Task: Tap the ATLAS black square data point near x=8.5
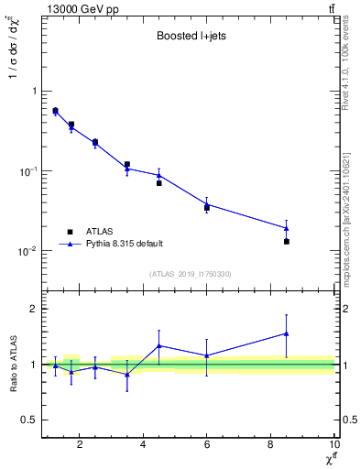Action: tap(287, 242)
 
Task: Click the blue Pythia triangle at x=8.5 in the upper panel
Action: tap(287, 228)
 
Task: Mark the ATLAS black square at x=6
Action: tap(207, 208)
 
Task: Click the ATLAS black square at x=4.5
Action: tap(159, 183)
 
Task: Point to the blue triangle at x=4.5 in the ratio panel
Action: tap(159, 345)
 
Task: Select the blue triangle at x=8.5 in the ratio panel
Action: tap(287, 333)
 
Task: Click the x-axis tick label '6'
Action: tap(207, 444)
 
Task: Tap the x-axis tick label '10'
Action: tap(333, 444)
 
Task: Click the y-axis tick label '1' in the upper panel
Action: tap(34, 92)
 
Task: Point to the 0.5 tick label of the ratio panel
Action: tap(29, 420)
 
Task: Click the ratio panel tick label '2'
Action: tap(34, 309)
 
